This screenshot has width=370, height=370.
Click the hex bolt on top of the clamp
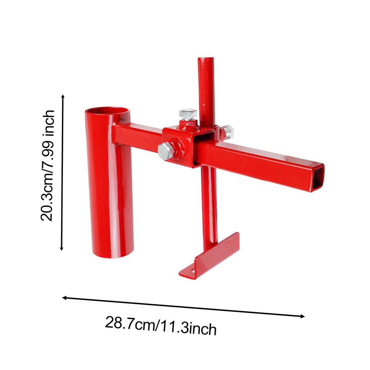coord(188,115)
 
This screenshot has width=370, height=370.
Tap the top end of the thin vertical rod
coord(206,60)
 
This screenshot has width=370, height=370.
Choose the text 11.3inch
coord(188,327)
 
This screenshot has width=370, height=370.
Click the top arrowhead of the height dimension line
coord(63,97)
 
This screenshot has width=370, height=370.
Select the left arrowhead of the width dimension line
coord(65,298)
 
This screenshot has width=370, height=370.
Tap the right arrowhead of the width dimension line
coord(302,317)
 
